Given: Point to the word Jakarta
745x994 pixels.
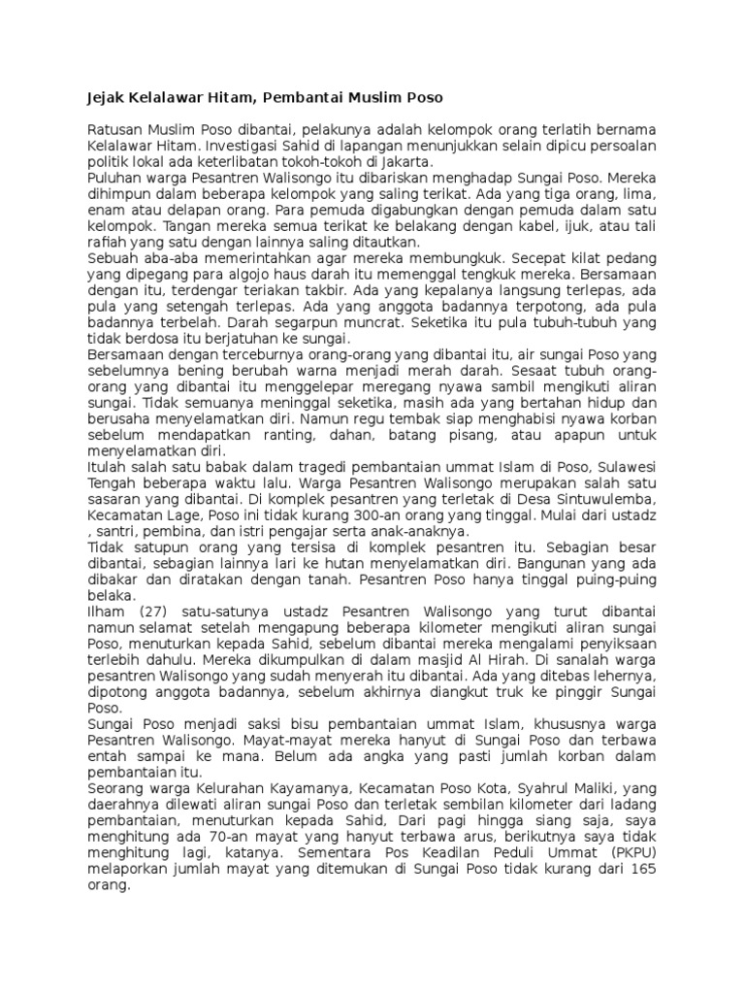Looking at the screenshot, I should (x=409, y=162).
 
